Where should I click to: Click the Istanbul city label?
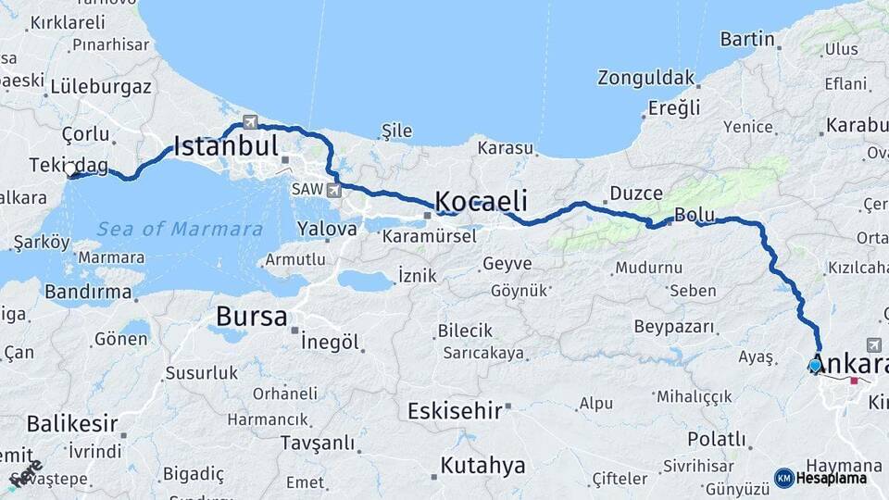pyautogui.click(x=226, y=145)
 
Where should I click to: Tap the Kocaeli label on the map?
pyautogui.click(x=481, y=201)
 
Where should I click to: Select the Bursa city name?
pyautogui.click(x=251, y=317)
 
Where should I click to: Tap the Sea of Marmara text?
pyautogui.click(x=181, y=229)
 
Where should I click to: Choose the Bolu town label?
pyautogui.click(x=692, y=215)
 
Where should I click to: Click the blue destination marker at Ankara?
pyautogui.click(x=815, y=366)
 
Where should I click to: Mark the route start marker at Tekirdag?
pyautogui.click(x=71, y=171)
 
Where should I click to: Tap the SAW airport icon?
pyautogui.click(x=333, y=190)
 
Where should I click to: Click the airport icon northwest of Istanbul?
pyautogui.click(x=250, y=121)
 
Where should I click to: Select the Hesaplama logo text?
pyautogui.click(x=832, y=478)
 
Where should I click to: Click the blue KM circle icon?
pyautogui.click(x=783, y=478)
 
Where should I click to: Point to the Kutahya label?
pyautogui.click(x=482, y=465)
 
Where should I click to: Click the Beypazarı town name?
pyautogui.click(x=674, y=327)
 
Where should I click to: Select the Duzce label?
pyautogui.click(x=634, y=194)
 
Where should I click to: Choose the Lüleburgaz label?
pyautogui.click(x=101, y=87)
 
